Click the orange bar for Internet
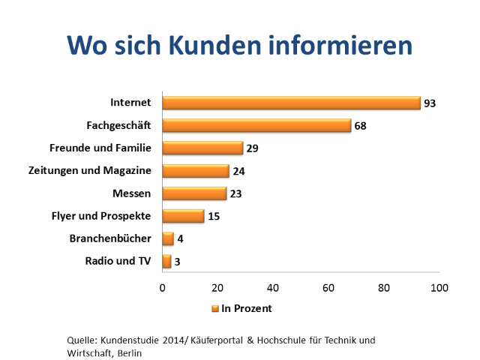pos(291,103)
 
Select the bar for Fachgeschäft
pos(256,125)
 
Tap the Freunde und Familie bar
pos(202,148)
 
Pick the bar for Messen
pos(194,193)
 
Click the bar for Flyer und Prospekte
pos(183,216)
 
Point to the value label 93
pos(430,103)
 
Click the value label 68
pos(360,126)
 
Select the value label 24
pos(238,171)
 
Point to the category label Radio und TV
pos(118,261)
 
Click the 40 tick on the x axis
pos(273,287)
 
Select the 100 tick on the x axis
pos(439,287)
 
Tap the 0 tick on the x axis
pos(163,287)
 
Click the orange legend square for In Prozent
pos(214,308)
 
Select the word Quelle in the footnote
pos(82,340)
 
